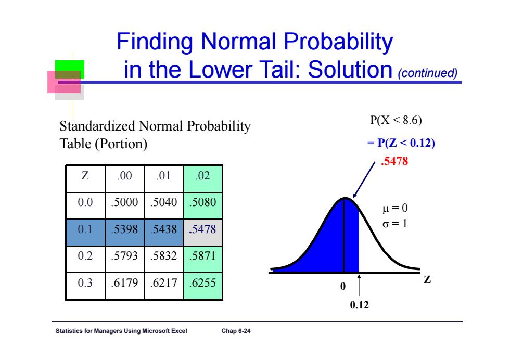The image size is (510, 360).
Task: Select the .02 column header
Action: pos(202,179)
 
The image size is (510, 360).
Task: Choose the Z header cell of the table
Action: pos(85,179)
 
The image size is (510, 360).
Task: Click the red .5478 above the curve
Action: pos(394,161)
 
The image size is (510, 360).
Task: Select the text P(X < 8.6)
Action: pos(396,120)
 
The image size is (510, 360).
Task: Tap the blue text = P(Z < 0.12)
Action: pos(401,143)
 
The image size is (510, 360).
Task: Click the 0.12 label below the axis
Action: pos(360,305)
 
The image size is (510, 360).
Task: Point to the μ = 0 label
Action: pos(395,208)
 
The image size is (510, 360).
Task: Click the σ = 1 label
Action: pos(395,224)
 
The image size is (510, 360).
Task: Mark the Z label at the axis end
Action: pos(427,280)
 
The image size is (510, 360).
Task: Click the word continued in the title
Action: pos(428,73)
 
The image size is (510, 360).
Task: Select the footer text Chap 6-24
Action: pos(236,331)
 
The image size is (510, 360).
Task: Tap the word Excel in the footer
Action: pos(178,331)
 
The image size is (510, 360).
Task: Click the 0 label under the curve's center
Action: pos(343,286)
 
